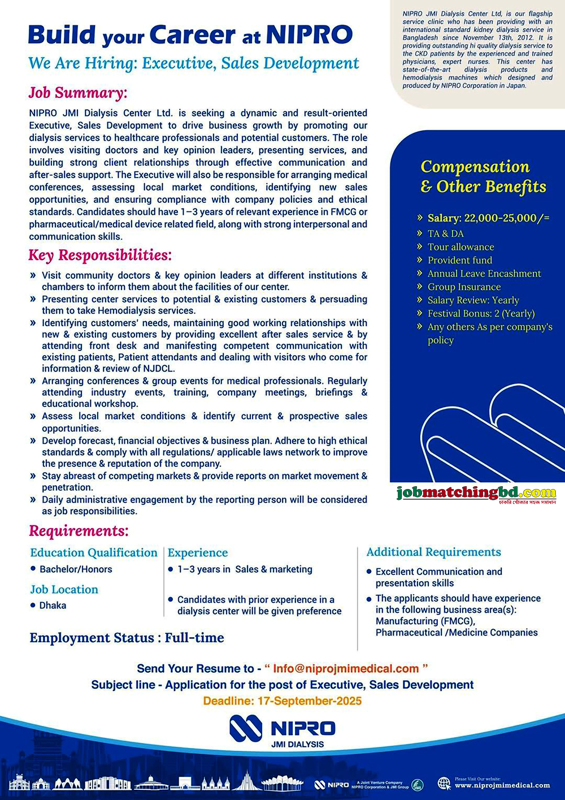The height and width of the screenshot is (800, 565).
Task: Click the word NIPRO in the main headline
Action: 309,35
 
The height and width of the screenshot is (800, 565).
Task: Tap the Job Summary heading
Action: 78,93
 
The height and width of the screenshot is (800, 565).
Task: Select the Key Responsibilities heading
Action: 100,256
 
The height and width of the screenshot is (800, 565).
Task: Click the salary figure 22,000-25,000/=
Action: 507,218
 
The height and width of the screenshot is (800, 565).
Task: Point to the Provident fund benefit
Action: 459,260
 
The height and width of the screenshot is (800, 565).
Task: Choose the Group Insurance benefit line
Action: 464,287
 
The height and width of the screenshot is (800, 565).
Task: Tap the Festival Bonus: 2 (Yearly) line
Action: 481,313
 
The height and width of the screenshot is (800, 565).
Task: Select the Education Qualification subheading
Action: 94,553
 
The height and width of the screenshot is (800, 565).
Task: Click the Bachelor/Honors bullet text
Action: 76,569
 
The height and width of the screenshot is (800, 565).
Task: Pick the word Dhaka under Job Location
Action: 53,606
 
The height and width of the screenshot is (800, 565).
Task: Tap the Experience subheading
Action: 198,553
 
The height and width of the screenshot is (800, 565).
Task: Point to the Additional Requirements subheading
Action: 433,552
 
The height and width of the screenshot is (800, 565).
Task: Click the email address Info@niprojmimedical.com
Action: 346,669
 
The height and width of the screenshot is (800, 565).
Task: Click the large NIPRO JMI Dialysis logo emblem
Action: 246,728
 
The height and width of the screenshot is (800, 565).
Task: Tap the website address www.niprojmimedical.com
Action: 502,785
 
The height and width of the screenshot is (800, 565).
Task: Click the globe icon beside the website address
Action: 445,783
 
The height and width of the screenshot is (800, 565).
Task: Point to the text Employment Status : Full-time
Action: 127,638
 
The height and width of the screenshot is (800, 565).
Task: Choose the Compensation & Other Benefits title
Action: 483,177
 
